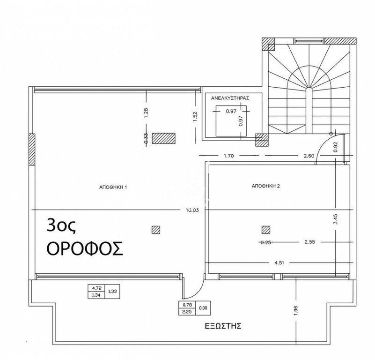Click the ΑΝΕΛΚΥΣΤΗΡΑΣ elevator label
click(230, 98)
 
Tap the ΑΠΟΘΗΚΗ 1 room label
click(113, 187)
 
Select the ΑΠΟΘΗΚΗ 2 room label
click(266, 186)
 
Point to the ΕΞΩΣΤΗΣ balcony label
click(223, 326)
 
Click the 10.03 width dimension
click(192, 210)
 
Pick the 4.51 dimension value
click(279, 262)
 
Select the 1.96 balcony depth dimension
click(296, 310)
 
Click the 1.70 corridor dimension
click(228, 156)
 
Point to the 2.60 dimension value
click(309, 156)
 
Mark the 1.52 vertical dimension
click(195, 117)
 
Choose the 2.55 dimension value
click(310, 242)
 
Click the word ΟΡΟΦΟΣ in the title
click(85, 248)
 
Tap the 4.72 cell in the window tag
click(96, 288)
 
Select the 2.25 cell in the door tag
click(187, 312)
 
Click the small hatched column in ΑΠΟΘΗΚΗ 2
click(266, 230)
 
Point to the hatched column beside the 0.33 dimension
click(163, 138)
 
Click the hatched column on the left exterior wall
click(32, 149)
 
